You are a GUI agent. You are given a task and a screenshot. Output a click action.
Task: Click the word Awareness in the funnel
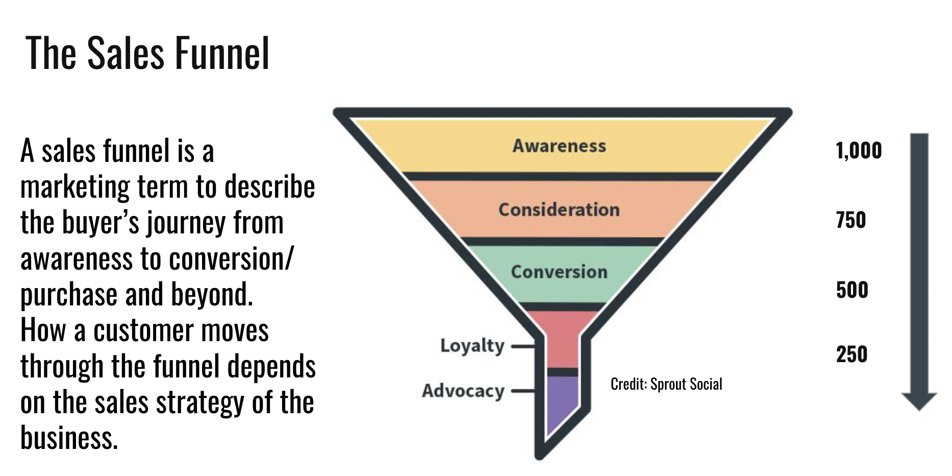(x=559, y=146)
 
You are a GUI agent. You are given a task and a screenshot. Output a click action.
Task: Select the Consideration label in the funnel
(x=559, y=210)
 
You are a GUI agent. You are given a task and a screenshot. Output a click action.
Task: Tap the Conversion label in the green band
(x=559, y=272)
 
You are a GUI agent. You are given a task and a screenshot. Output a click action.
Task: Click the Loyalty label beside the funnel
(x=472, y=346)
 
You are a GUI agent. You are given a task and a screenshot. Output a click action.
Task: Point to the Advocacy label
(x=463, y=391)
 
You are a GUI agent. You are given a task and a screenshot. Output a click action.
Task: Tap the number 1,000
(x=859, y=151)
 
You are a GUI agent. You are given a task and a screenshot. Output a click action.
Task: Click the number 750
(x=851, y=221)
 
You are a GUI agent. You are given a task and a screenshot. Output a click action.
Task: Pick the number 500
(x=852, y=290)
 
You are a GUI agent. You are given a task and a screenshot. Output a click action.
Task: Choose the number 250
(x=851, y=354)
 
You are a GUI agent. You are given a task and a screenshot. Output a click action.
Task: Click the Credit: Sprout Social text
(x=666, y=384)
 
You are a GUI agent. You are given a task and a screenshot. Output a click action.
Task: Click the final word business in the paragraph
(x=69, y=438)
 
